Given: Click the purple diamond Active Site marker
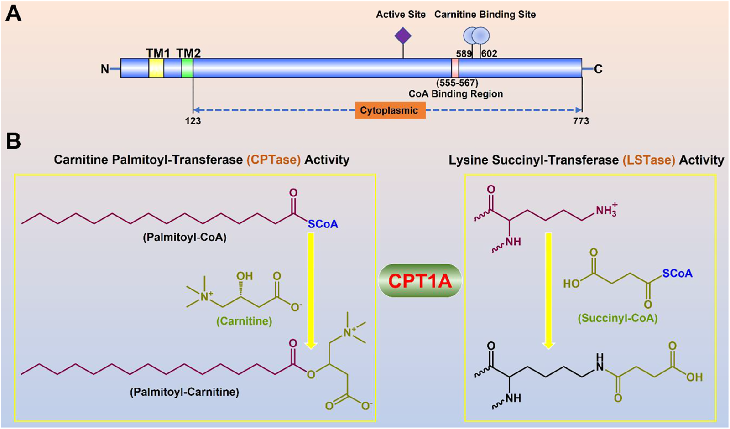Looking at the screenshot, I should [x=403, y=36].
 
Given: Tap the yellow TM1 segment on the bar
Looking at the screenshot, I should [x=156, y=68].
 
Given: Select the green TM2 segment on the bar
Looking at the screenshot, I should [x=187, y=68].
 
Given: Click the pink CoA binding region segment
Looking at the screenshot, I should [x=455, y=68].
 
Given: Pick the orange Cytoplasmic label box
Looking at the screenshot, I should [x=390, y=110].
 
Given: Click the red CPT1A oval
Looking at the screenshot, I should [x=420, y=281].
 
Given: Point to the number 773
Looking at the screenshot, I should [x=581, y=121].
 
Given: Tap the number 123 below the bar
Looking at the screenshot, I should [x=193, y=121].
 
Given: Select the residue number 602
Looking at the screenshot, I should [x=489, y=54].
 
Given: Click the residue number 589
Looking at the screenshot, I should [x=464, y=54].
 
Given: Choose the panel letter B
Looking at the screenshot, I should [x=13, y=141].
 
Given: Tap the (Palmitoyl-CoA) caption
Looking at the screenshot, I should [x=185, y=238].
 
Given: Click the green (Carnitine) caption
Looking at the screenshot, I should [x=244, y=321].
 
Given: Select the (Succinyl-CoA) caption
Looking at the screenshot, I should [x=618, y=318].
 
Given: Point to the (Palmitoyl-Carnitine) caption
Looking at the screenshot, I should [x=184, y=392].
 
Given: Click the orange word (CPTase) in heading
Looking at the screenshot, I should [x=274, y=160].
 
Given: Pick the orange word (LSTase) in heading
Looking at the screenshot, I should [x=648, y=160].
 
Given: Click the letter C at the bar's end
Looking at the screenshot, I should [x=598, y=69].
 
